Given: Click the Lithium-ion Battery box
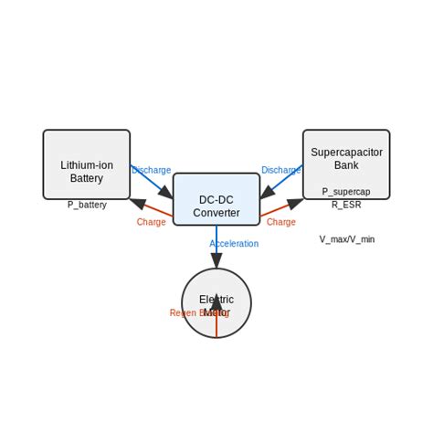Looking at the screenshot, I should click(86, 164).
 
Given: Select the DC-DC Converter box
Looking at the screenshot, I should click(216, 199).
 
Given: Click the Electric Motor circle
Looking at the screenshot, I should click(216, 303).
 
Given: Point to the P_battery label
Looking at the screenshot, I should click(87, 205).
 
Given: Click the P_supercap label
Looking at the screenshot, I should click(346, 192).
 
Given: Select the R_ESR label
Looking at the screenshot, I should click(346, 205).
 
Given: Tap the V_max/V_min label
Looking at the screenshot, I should click(346, 239).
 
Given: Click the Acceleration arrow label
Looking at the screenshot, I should click(234, 244).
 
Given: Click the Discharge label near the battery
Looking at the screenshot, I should click(151, 170).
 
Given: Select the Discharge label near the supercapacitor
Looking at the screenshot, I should click(280, 170).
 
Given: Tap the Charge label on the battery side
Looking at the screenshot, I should click(151, 222).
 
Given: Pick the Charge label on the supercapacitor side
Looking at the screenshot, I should click(280, 222).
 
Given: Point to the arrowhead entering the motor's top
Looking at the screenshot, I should click(216, 260).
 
